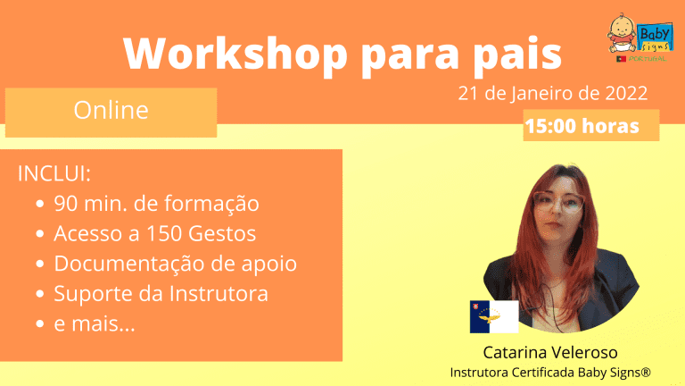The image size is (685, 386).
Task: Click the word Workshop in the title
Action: (x=235, y=54)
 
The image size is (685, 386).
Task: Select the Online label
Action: (x=111, y=110)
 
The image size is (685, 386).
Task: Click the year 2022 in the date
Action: (x=626, y=93)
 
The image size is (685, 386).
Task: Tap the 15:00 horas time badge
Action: (x=591, y=126)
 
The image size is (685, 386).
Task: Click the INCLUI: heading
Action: (x=54, y=173)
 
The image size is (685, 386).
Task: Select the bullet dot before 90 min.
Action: (x=40, y=204)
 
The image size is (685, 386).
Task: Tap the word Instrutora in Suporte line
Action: (x=219, y=294)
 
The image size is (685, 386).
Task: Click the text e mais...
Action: (x=95, y=323)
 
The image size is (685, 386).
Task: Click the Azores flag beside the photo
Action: (x=494, y=317)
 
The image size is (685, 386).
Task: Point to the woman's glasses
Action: (x=559, y=202)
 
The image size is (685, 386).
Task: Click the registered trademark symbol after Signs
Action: (x=646, y=372)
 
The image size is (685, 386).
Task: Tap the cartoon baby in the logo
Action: (x=622, y=33)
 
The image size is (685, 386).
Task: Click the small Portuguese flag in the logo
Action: (x=621, y=59)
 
